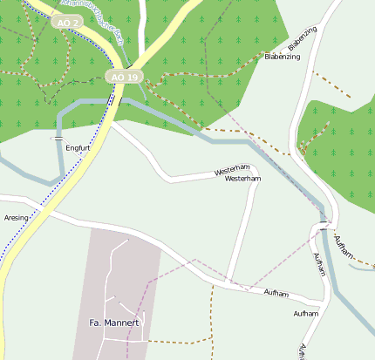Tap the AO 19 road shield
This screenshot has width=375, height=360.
pos(124,78)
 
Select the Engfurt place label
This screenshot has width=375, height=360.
pos(78,148)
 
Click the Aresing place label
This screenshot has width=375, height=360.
pos(16,217)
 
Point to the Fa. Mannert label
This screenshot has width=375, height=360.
pos(114,323)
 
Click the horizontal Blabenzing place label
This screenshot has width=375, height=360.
pos(282,57)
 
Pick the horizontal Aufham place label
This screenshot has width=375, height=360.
pos(305,313)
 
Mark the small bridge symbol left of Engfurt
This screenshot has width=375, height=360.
pos(58,139)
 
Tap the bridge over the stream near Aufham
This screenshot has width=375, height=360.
pos(324,224)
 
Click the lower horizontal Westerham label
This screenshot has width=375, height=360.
pos(242,179)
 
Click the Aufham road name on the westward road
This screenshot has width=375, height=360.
pos(281,293)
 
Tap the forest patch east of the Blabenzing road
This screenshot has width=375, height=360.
pos(340,148)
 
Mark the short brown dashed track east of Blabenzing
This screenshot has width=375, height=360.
pos(331,85)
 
